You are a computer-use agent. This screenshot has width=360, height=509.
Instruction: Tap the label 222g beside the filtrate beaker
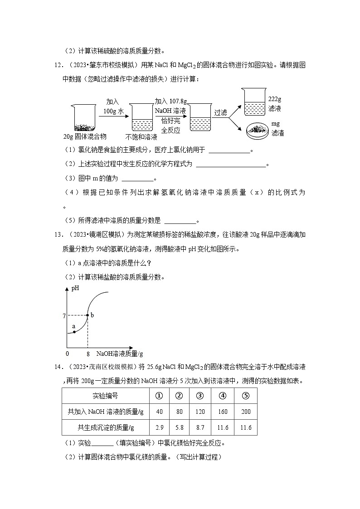275,99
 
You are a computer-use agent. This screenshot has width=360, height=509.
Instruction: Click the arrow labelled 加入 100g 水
113,117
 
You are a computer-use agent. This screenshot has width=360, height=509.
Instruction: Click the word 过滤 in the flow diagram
220,112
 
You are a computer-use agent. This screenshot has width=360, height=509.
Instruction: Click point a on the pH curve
74,332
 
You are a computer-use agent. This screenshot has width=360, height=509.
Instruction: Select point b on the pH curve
87,315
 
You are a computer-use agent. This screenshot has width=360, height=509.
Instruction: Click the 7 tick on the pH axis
64,315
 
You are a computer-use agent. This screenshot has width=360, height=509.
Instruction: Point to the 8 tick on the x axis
87,354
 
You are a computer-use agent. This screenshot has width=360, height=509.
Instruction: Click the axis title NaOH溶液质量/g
117,354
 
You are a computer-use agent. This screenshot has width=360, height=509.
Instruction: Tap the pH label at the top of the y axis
76,288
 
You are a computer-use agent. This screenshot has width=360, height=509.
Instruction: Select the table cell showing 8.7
199,427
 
